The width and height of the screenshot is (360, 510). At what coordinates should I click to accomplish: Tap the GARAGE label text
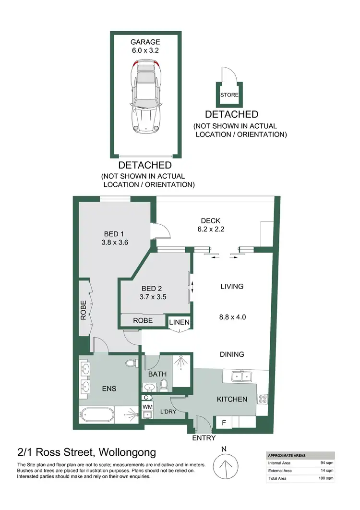146,42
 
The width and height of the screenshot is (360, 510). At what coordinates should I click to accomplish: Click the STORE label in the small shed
229,95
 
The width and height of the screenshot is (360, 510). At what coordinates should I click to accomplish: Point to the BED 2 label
151,289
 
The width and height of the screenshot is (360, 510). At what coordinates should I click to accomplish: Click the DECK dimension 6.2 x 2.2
210,229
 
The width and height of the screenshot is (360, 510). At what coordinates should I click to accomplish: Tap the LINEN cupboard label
179,323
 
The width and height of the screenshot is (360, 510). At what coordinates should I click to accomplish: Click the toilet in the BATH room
164,384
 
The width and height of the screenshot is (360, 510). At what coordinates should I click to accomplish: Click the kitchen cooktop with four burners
263,399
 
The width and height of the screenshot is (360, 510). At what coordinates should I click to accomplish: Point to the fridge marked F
223,423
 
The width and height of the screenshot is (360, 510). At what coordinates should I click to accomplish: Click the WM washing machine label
146,407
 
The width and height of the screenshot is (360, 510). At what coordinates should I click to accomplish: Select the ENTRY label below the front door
204,438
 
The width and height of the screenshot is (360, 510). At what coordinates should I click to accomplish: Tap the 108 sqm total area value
327,479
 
